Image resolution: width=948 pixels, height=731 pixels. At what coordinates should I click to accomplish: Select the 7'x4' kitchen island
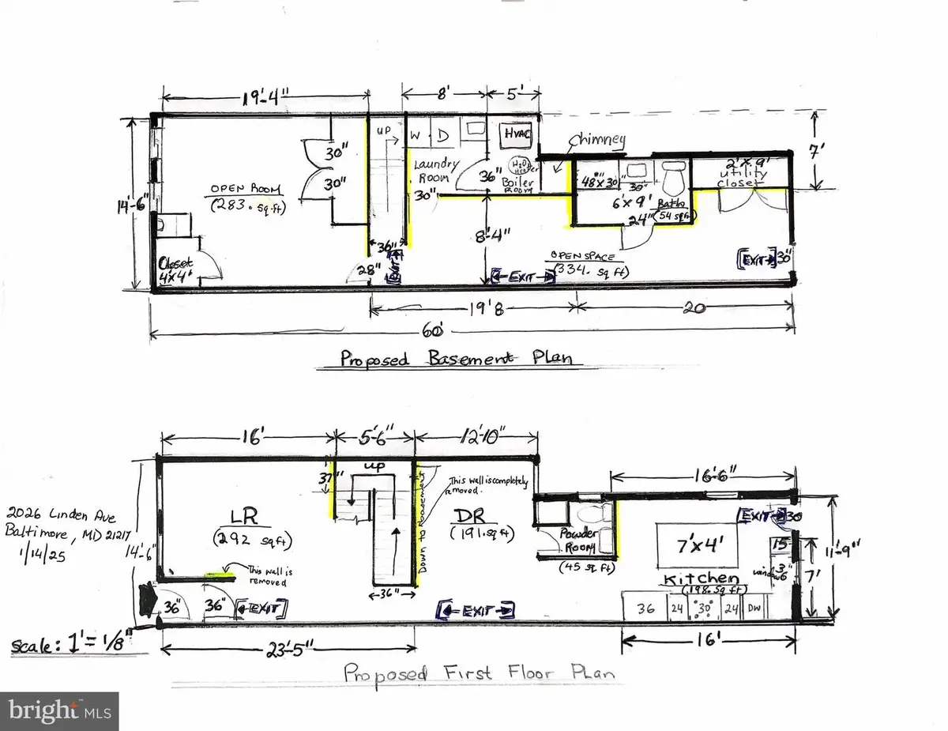coord(697,543)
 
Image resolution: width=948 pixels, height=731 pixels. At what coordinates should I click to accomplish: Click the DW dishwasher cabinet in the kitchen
coord(778,609)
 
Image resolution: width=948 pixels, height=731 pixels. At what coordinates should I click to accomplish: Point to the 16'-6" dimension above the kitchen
coord(702,476)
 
